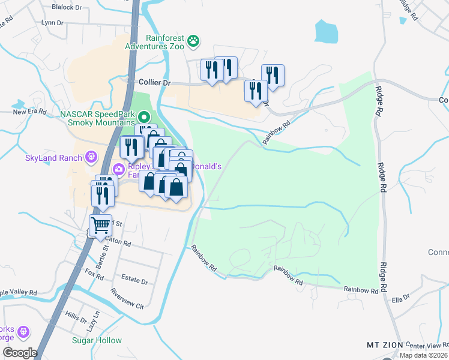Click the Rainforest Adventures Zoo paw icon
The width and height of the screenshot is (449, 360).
pos(193,41)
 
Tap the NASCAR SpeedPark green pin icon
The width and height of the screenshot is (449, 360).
pos(143,116)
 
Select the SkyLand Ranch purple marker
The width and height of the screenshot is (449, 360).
pos(91,158)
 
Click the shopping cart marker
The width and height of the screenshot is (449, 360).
pos(101,226)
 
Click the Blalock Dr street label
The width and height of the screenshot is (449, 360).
pos(66,7)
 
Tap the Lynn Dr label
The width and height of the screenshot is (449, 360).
pos(52,23)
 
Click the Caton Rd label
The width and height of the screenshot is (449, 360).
pos(119,244)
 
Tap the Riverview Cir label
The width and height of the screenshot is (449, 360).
pos(127,299)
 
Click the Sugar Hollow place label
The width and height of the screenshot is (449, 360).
pos(97,340)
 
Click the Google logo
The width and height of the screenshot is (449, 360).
pos(20,352)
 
